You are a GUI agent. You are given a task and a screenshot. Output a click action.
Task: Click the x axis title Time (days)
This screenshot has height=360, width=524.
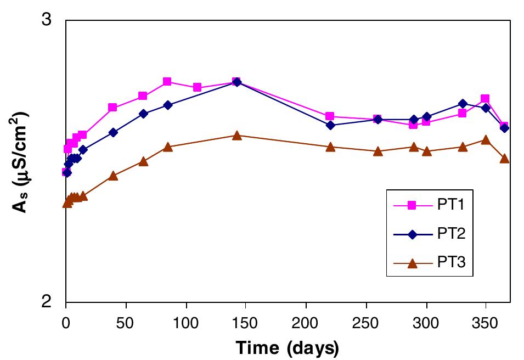tap(288, 347)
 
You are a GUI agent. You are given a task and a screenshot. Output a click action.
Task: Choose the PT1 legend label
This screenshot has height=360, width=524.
tap(451, 205)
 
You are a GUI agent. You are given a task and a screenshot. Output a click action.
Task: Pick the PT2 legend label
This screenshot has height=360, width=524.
tap(451, 234)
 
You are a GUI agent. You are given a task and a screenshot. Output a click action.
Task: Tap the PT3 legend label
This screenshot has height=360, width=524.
tap(451, 263)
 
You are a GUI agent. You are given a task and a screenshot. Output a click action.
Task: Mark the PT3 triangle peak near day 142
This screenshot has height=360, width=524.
tap(236, 135)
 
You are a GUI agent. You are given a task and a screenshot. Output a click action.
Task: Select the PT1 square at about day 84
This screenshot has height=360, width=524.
tap(167, 81)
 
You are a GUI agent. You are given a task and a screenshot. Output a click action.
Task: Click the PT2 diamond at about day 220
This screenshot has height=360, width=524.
tap(330, 125)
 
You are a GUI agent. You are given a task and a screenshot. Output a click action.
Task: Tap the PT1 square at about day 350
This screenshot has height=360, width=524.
tap(485, 99)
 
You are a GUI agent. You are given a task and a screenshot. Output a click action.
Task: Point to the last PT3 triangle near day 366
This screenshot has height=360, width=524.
tap(505, 158)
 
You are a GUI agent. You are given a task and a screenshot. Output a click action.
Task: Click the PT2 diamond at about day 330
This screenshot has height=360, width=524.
tap(463, 104)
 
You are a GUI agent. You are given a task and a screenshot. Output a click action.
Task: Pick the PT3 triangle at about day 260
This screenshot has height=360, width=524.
tap(378, 151)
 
